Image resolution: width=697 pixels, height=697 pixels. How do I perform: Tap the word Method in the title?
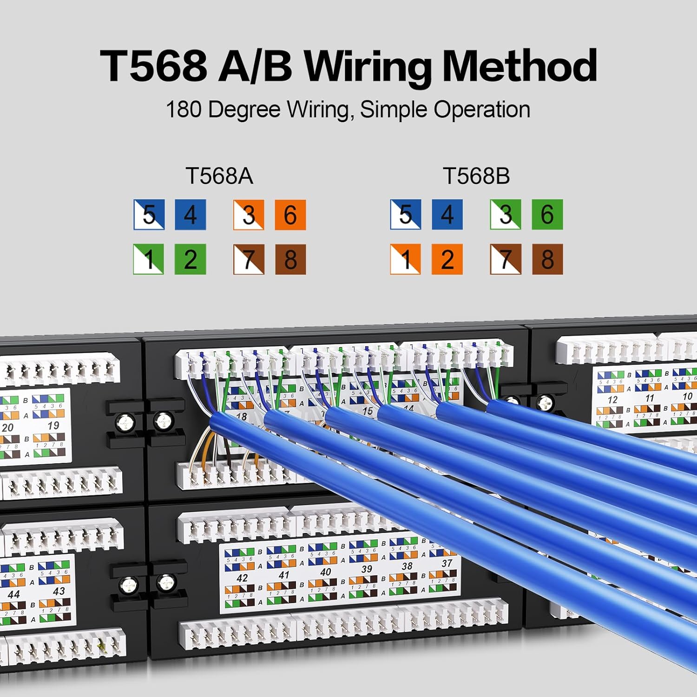coord(519,66)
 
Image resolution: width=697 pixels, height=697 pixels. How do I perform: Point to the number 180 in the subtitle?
coord(184,110)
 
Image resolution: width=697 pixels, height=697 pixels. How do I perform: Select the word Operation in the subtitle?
coord(482,110)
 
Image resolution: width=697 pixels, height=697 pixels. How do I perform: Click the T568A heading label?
coord(219,176)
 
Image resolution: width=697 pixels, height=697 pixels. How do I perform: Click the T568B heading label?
coord(476,176)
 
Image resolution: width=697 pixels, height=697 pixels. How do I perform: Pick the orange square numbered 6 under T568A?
coord(290,215)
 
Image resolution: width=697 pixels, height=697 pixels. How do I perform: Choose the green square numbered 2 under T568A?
coord(190,259)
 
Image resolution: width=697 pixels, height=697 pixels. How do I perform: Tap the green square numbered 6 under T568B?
coord(547,214)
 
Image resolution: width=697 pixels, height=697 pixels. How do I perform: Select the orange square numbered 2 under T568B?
coord(447,259)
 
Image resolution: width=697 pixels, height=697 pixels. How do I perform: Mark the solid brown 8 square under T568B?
coord(547,259)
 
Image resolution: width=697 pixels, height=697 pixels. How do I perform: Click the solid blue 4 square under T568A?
coord(190,215)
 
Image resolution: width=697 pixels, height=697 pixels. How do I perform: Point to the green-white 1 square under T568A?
coord(149,259)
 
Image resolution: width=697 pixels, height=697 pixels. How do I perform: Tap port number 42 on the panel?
coord(242,578)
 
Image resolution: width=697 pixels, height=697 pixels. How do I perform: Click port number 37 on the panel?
coord(447,563)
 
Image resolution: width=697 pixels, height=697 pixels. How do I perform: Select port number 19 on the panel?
coord(53,425)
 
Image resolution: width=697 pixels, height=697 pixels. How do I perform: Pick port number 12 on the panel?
coord(612,400)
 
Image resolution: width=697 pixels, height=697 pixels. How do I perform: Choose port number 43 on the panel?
coord(59,592)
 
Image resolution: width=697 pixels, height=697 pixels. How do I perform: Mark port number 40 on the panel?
coord(325,572)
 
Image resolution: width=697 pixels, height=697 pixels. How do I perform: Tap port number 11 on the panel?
coord(650,398)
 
